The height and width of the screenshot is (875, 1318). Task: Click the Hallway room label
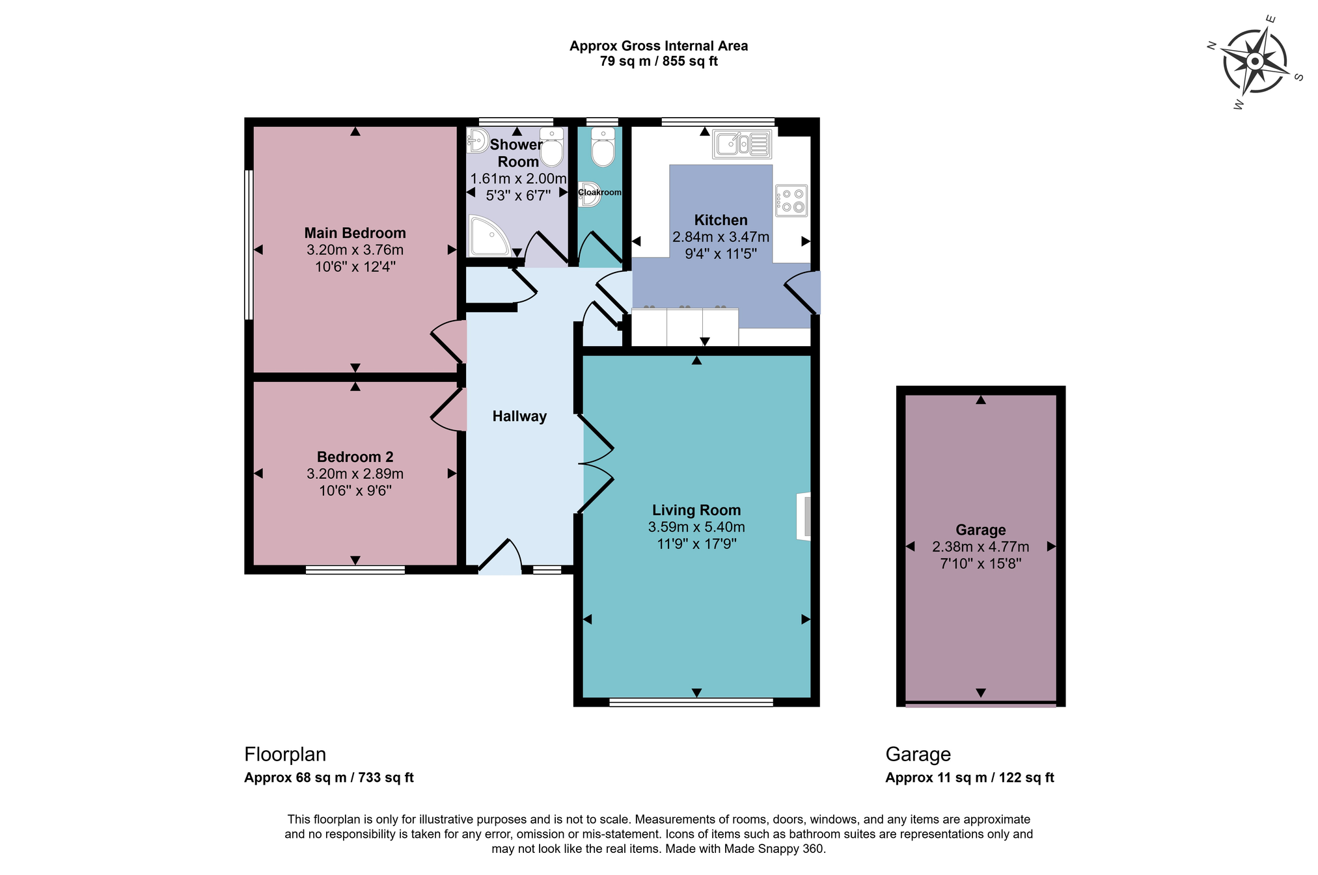[519, 416]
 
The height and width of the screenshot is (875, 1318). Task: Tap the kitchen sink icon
[742, 144]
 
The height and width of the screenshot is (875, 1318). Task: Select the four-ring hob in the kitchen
[791, 200]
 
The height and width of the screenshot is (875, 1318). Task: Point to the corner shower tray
[489, 235]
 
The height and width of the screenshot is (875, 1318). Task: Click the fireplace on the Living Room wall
[804, 517]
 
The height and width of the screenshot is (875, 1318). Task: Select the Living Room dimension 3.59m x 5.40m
[696, 527]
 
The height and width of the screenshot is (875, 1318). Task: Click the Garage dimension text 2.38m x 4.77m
[981, 546]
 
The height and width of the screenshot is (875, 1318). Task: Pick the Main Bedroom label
[355, 233]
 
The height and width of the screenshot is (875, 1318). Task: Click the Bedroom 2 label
[355, 457]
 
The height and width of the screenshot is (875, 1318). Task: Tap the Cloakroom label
[599, 193]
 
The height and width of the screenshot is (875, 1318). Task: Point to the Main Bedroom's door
[448, 341]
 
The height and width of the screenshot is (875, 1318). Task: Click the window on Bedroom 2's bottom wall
[355, 570]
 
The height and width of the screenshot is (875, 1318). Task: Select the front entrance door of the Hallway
[501, 556]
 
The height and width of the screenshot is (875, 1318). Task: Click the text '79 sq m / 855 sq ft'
[659, 61]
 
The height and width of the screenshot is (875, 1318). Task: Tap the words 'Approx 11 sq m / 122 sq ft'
[970, 777]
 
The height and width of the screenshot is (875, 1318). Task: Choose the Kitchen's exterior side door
[802, 293]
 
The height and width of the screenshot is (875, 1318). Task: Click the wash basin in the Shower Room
[478, 140]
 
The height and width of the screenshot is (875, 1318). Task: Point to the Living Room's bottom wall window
[691, 702]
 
